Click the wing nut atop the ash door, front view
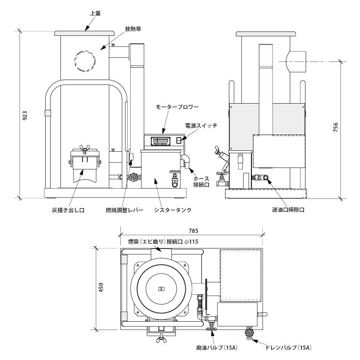(82, 147)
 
